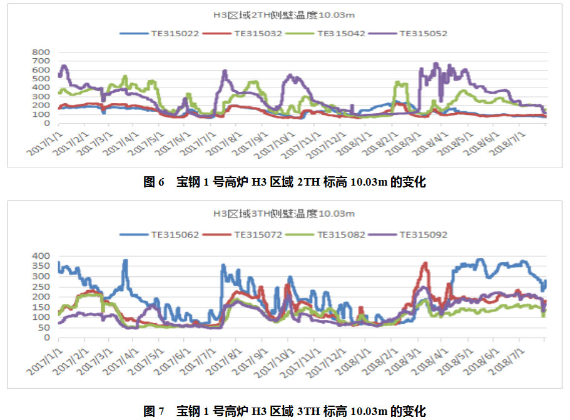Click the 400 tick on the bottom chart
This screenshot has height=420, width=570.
tap(41, 256)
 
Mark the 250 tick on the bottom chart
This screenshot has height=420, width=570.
tap(41, 286)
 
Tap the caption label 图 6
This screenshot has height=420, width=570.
tap(153, 182)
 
